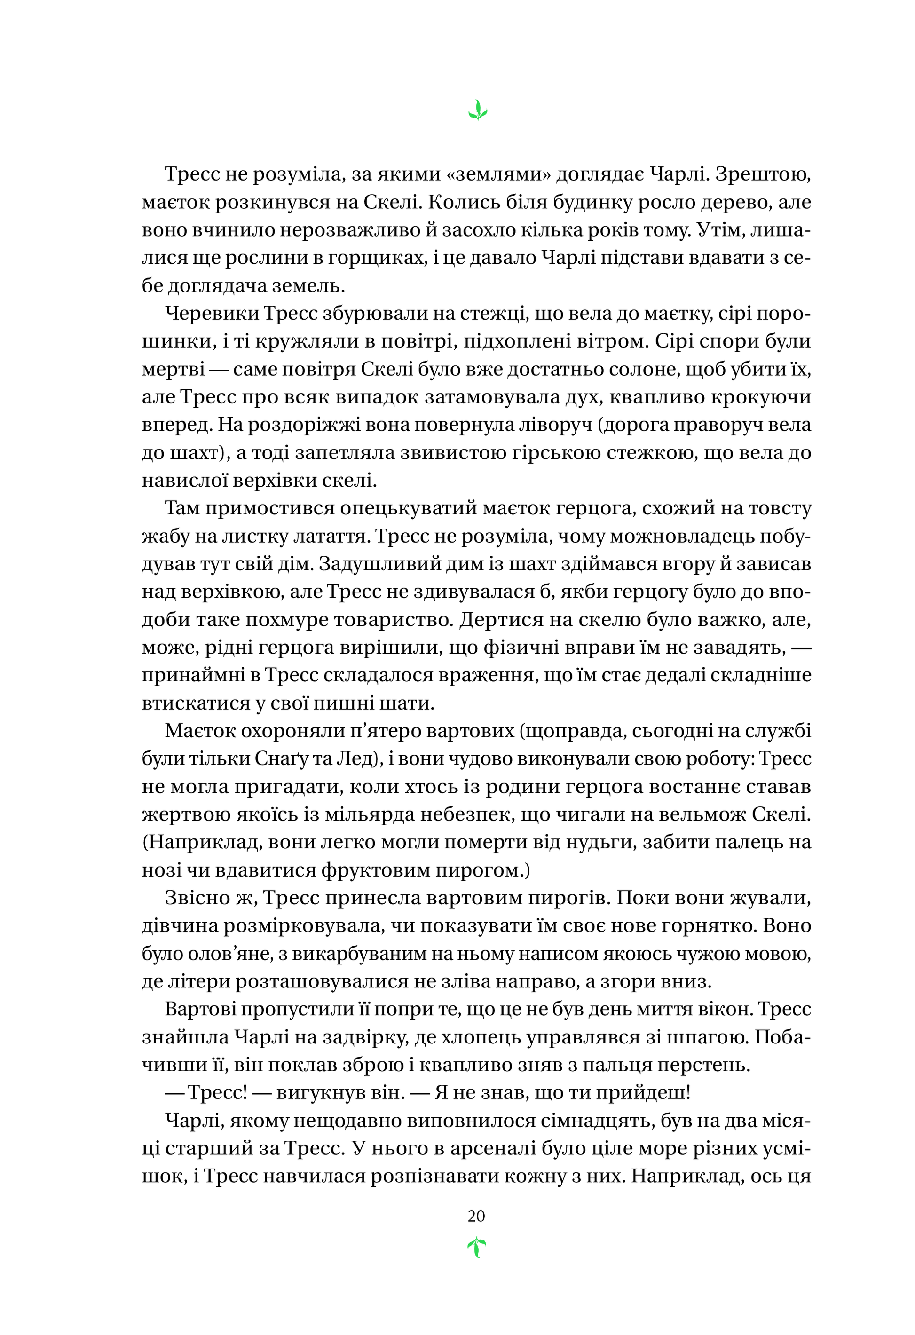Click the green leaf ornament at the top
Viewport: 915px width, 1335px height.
click(x=477, y=111)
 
